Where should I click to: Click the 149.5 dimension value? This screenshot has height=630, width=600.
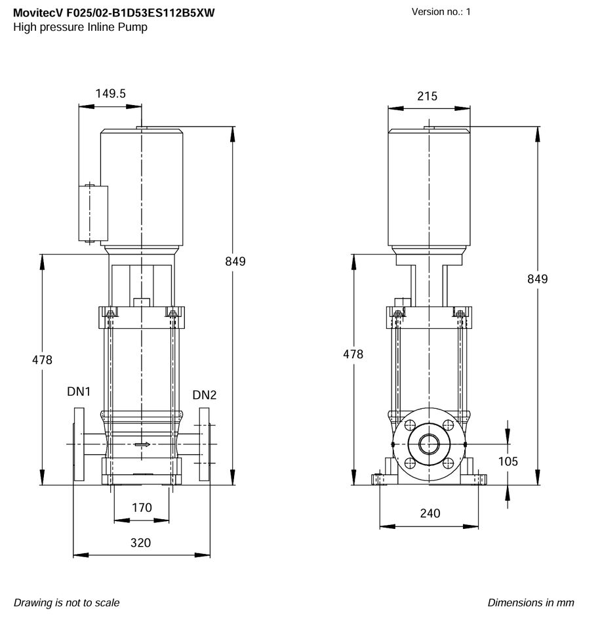[110, 94]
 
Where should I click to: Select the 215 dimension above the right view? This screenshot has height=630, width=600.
[427, 96]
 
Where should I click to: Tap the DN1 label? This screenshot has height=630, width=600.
[79, 391]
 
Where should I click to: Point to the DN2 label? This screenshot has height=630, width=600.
[205, 395]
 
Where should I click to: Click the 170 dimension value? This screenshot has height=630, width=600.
[142, 507]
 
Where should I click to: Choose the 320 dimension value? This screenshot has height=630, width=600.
[140, 543]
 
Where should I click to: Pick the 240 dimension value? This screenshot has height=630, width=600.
[430, 513]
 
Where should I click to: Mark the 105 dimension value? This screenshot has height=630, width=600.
[508, 461]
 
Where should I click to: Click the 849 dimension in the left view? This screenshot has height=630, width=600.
[235, 262]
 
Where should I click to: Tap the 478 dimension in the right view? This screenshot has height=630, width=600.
[353, 354]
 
